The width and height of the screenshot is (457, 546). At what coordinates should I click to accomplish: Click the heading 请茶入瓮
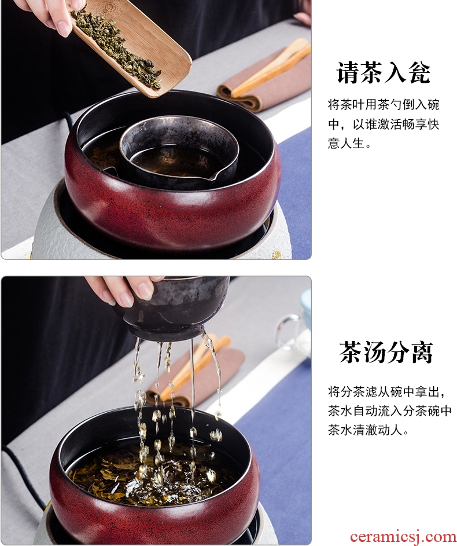click(384, 72)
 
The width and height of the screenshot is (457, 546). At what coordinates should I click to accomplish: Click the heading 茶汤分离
click(386, 353)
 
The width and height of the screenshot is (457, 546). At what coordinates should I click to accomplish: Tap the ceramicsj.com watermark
click(403, 537)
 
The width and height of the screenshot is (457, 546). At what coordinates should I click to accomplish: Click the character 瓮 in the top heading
click(420, 72)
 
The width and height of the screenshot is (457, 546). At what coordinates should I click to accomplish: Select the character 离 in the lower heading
click(422, 353)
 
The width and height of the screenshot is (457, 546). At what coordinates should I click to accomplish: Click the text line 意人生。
click(349, 143)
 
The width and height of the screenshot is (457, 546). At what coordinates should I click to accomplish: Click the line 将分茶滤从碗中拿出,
click(386, 392)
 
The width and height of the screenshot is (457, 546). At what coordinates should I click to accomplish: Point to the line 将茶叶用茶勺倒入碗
click(384, 104)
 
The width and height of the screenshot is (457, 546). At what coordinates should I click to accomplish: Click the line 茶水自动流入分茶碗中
click(389, 411)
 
